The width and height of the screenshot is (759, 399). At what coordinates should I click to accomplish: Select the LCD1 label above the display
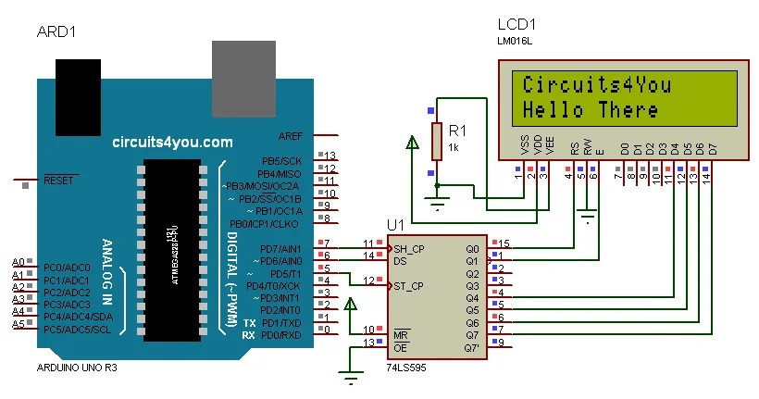pyautogui.click(x=516, y=25)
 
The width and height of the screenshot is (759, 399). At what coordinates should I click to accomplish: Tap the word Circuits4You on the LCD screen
pyautogui.click(x=597, y=86)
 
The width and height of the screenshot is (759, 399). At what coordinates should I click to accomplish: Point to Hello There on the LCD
pyautogui.click(x=591, y=110)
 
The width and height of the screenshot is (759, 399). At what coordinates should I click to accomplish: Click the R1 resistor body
pyautogui.click(x=438, y=141)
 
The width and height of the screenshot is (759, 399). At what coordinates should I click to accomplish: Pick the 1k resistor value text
pyautogui.click(x=454, y=147)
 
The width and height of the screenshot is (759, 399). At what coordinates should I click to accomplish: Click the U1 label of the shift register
pyautogui.click(x=395, y=226)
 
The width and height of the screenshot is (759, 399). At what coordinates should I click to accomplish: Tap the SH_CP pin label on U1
pyautogui.click(x=408, y=249)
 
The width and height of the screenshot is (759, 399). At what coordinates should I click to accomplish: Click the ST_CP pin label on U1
pyautogui.click(x=408, y=286)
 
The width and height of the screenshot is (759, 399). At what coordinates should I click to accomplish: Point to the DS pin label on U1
pyautogui.click(x=400, y=261)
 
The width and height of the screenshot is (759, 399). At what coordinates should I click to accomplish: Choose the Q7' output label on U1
pyautogui.click(x=472, y=347)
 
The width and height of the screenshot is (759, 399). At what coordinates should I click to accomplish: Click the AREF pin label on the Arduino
pyautogui.click(x=290, y=135)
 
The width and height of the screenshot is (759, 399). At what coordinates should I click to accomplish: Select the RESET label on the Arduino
pyautogui.click(x=58, y=181)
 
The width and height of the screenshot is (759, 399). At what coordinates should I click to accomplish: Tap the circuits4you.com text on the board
pyautogui.click(x=172, y=143)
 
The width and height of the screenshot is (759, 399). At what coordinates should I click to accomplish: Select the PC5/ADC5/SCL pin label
pyautogui.click(x=78, y=330)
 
